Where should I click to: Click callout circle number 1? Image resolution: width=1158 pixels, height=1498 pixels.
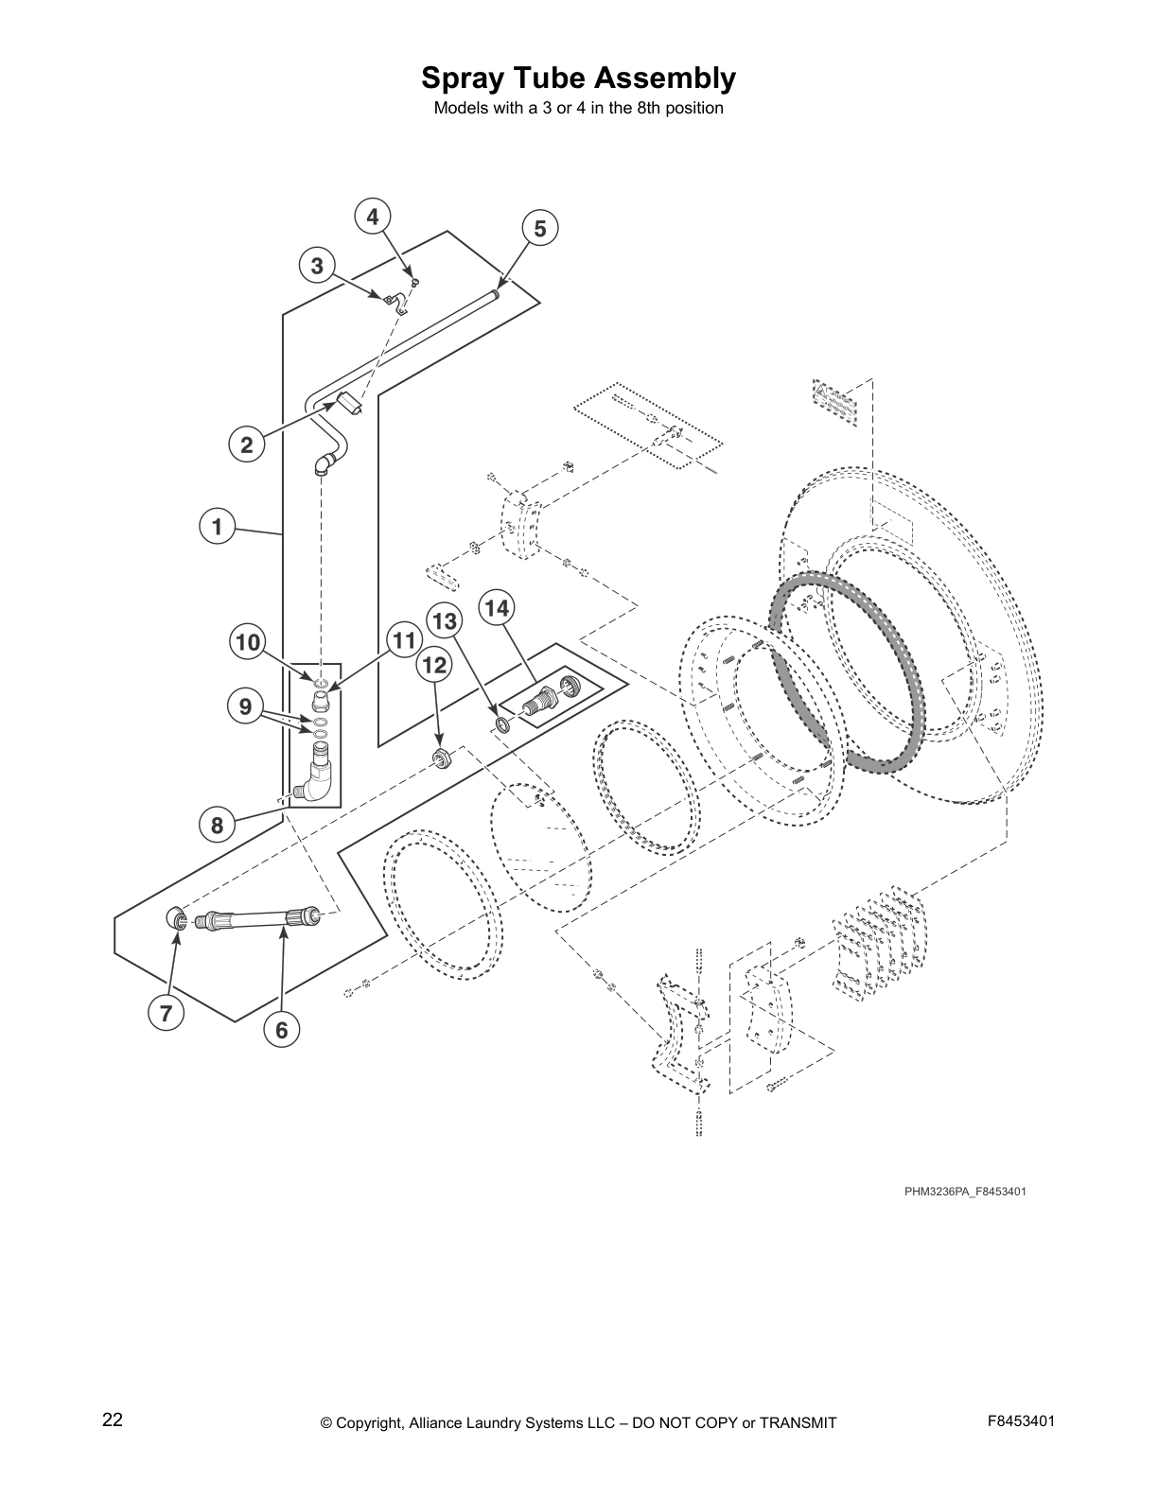pos(217,526)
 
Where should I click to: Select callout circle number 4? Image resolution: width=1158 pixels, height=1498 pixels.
pos(373,217)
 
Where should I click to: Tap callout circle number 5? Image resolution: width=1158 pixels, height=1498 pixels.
pos(539,228)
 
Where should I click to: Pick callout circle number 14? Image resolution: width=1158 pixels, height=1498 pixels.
pos(498,607)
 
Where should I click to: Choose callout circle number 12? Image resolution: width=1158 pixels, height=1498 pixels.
pos(434,665)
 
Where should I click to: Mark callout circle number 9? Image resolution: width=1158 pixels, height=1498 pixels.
pos(246,706)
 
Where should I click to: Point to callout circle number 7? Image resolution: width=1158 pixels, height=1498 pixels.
pos(166,1014)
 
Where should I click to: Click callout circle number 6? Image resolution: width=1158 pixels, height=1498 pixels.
pos(281,1029)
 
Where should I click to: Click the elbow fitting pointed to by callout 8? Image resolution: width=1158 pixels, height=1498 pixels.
pos(315,777)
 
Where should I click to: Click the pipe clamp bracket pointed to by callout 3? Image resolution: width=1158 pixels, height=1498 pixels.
pos(395,303)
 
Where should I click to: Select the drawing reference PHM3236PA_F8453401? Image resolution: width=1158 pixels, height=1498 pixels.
pos(964,1191)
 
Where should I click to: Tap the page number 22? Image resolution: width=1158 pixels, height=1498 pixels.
pos(113,1420)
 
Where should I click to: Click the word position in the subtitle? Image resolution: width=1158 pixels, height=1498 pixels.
pos(693,109)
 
